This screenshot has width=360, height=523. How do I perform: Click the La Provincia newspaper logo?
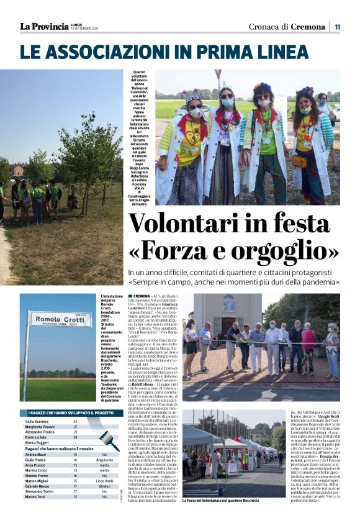point(44,26)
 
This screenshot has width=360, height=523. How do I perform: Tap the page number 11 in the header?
point(337,27)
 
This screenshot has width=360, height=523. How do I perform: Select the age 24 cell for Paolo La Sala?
point(75,437)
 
